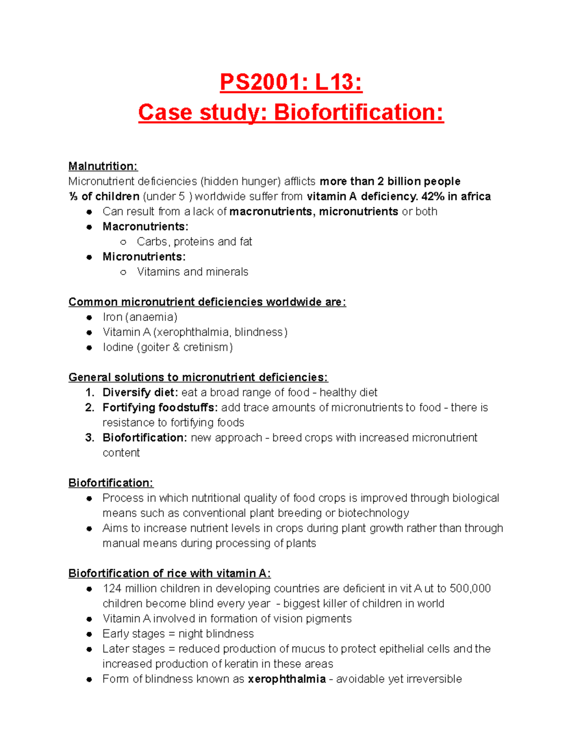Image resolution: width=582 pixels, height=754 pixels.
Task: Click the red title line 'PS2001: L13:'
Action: tap(291, 82)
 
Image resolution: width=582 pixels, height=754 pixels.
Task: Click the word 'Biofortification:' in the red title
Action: tap(358, 113)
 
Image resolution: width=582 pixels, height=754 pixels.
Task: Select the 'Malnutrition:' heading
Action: tap(103, 166)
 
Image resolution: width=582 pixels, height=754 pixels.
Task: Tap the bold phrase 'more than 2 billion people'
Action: tap(390, 181)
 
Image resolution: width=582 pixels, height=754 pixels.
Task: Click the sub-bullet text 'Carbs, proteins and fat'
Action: tap(194, 241)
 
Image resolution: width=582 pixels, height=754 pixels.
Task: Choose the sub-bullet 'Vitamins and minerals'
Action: tap(192, 271)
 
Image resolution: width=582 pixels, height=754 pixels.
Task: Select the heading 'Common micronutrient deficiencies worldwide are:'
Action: tap(207, 302)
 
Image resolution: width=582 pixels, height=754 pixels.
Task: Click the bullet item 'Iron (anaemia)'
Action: tap(140, 317)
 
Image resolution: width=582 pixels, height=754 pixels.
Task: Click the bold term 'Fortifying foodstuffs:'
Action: tap(160, 407)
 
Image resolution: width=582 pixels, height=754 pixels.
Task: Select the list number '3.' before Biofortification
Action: tap(90, 437)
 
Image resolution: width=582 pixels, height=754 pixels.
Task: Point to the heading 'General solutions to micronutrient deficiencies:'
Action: tap(198, 377)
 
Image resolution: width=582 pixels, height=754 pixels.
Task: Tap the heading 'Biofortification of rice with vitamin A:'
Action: tap(169, 573)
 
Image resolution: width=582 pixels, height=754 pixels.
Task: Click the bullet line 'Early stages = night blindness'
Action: tap(178, 634)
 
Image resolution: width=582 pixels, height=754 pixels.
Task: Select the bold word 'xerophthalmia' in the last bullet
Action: tap(287, 679)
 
